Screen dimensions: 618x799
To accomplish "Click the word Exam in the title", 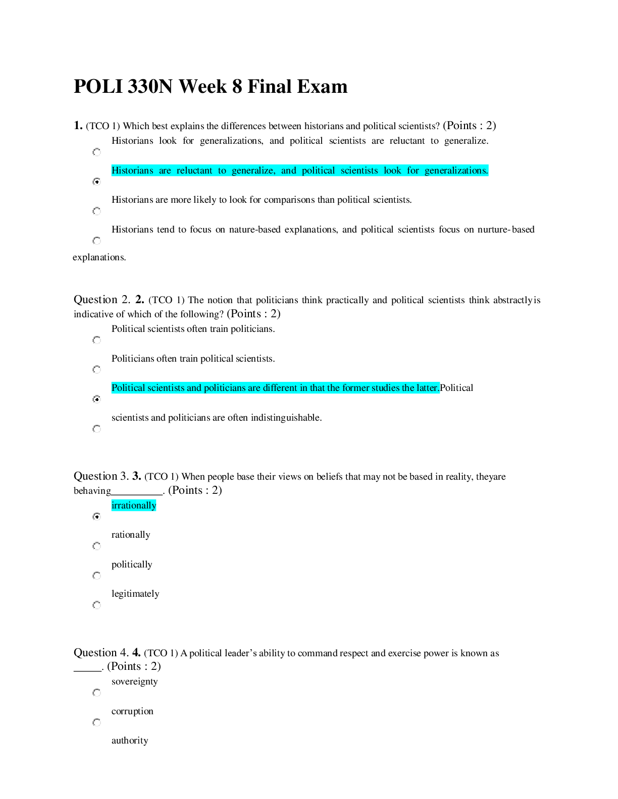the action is click(x=322, y=86).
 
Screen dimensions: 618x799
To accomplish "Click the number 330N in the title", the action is click(x=150, y=86).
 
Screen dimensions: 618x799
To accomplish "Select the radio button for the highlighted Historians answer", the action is click(x=96, y=181).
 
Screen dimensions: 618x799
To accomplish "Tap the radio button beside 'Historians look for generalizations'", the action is click(x=96, y=152).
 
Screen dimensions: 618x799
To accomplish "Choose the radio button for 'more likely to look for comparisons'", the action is click(x=96, y=211).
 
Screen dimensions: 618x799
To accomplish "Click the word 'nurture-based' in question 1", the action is click(x=506, y=230).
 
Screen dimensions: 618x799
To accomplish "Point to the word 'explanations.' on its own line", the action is click(x=99, y=257).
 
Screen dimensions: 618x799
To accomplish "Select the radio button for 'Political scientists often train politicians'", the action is click(x=96, y=340).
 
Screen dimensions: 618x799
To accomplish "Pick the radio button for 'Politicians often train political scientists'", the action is click(x=96, y=369).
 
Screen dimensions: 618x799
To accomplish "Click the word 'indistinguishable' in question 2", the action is click(x=286, y=418).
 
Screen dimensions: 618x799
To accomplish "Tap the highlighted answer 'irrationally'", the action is click(x=134, y=505).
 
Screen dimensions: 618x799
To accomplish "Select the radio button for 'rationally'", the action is click(x=96, y=546).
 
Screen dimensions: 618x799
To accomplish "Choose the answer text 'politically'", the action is click(x=132, y=564).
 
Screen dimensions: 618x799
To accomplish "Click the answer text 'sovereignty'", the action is click(x=135, y=681).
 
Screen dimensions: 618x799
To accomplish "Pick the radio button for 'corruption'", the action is click(x=96, y=722).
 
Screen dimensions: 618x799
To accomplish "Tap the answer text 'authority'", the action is click(x=130, y=740).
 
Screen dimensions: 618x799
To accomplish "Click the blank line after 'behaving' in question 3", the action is click(x=137, y=494).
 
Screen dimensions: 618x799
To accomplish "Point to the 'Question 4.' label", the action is click(x=101, y=653).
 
